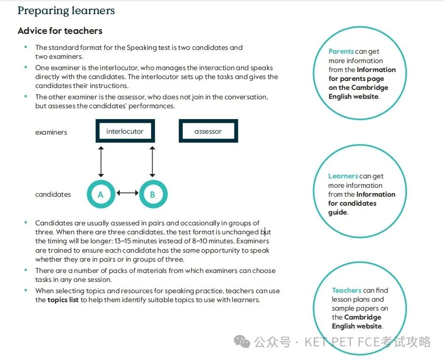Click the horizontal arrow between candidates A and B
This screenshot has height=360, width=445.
[128, 193]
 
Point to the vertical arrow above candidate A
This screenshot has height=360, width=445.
[101, 162]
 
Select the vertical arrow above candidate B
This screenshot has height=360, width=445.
[153, 162]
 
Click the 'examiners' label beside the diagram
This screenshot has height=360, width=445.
[51, 132]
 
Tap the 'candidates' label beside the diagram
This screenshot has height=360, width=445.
[53, 194]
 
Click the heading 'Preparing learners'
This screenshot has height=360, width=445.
[66, 10]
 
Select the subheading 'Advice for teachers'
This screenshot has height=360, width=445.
[60, 31]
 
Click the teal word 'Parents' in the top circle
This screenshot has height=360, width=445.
[341, 51]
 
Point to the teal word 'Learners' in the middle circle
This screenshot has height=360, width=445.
[343, 176]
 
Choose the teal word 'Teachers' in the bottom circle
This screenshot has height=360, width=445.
[347, 290]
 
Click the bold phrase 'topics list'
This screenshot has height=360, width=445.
[63, 300]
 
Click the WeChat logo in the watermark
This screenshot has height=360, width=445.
[242, 341]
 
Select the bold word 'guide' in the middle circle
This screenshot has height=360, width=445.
[338, 213]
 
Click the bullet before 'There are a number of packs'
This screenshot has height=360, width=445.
[26, 270]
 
